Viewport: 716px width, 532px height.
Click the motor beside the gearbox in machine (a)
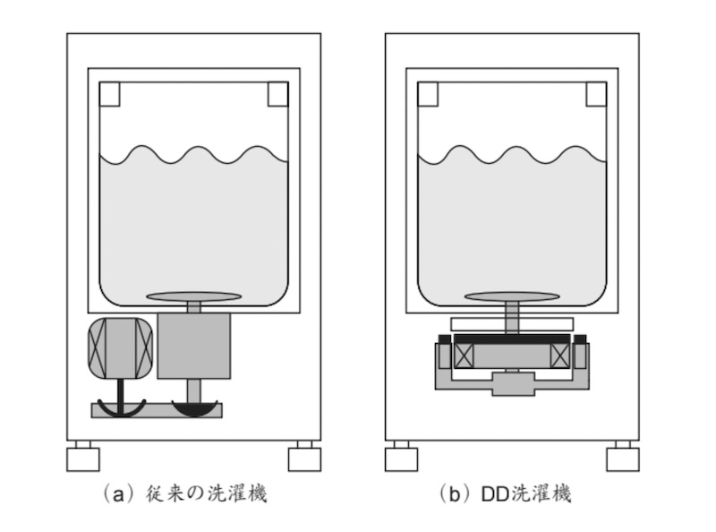(121, 348)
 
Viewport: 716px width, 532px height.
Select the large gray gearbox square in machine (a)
(193, 345)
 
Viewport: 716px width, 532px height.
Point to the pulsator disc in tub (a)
(193, 296)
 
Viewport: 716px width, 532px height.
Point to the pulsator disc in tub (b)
(512, 296)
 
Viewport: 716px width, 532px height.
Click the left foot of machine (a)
(83, 459)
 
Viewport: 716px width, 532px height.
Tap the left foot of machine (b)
(402, 459)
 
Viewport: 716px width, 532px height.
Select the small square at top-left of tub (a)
(110, 93)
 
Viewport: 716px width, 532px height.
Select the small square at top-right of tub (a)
(277, 93)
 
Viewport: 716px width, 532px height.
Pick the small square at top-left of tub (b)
(428, 93)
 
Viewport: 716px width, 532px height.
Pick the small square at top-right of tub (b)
(596, 93)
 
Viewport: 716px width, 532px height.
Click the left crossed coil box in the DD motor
(465, 355)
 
